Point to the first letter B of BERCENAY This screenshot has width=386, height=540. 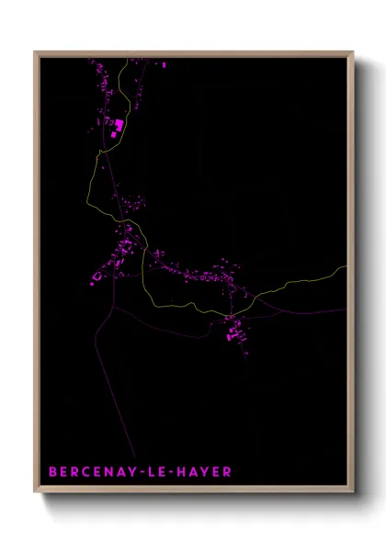52,472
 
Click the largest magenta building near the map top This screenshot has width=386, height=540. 118,123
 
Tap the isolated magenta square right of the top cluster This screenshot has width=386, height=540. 164,66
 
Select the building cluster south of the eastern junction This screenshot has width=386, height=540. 234,333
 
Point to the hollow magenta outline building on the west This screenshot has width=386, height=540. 97,275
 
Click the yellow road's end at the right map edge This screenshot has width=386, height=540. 347,267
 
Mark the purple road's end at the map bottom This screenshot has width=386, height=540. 135,456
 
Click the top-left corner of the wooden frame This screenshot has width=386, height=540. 35,51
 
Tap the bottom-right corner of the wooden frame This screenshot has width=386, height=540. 354,494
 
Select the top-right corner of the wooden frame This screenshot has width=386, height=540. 354,51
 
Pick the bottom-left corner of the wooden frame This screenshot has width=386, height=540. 35,494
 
